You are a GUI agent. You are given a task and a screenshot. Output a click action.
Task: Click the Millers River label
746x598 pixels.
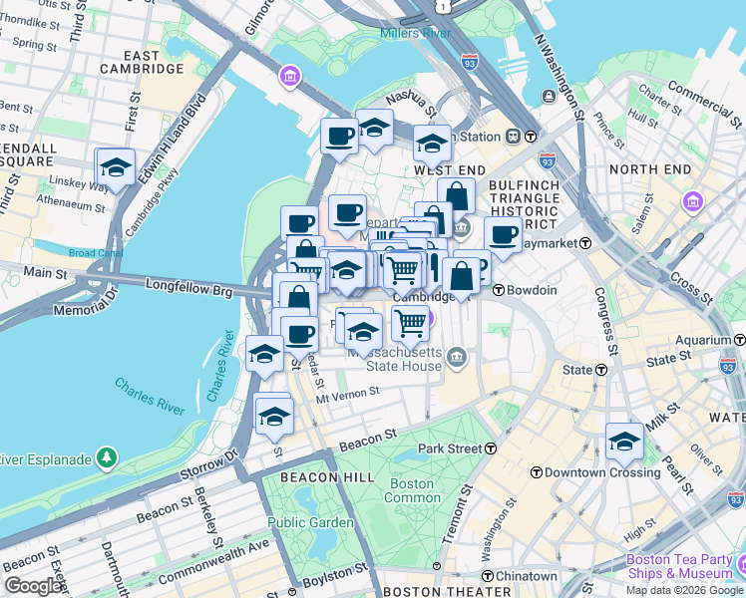coord(415,34)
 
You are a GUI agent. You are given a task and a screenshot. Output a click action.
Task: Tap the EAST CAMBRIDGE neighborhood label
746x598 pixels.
coord(142,62)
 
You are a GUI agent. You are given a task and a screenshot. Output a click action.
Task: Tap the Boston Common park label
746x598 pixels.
coord(411,490)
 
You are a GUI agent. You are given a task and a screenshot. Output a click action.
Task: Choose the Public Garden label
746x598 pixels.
coord(310,522)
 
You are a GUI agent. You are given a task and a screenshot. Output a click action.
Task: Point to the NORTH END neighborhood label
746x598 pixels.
coord(649,169)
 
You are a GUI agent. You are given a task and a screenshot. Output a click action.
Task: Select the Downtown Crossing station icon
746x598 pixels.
coord(536,471)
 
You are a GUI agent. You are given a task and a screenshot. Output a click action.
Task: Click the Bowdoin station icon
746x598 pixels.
coord(498,290)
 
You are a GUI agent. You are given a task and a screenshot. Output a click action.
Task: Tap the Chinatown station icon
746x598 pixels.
coord(487,576)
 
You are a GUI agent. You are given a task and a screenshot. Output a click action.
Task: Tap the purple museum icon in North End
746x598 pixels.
coord(692,203)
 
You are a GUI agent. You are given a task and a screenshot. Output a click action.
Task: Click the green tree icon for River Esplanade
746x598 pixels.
coord(107,458)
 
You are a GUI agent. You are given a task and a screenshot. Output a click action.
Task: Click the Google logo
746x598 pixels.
coord(34,586)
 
